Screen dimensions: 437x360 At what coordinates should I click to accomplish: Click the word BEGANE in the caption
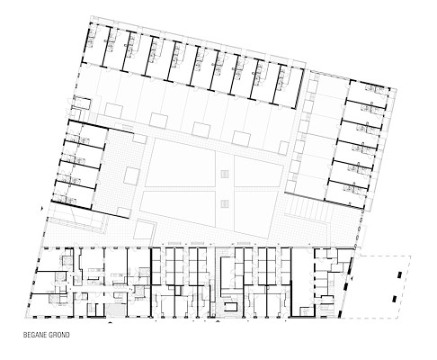[x=35, y=335]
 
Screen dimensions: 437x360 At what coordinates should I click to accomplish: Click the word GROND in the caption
[x=59, y=335]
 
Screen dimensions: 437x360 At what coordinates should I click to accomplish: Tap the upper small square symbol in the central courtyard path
[x=225, y=174]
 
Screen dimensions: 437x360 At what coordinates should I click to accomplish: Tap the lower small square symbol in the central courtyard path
[x=225, y=203]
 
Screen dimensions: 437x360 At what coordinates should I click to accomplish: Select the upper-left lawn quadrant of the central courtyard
[x=180, y=164]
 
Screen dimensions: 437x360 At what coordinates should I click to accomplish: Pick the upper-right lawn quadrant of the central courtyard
[x=259, y=172]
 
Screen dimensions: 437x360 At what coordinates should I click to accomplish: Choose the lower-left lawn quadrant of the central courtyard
[x=178, y=209]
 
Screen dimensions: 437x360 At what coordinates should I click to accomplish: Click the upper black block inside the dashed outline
[x=399, y=274]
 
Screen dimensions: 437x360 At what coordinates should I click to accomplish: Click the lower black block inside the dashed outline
[x=394, y=299]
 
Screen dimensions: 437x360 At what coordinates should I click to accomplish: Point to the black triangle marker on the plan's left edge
[x=42, y=208]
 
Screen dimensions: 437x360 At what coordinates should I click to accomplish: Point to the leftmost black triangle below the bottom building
[x=110, y=323]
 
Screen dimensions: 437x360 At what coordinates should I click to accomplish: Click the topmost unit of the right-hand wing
[x=368, y=92]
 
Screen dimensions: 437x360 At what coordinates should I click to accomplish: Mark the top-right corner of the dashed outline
[x=411, y=256]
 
